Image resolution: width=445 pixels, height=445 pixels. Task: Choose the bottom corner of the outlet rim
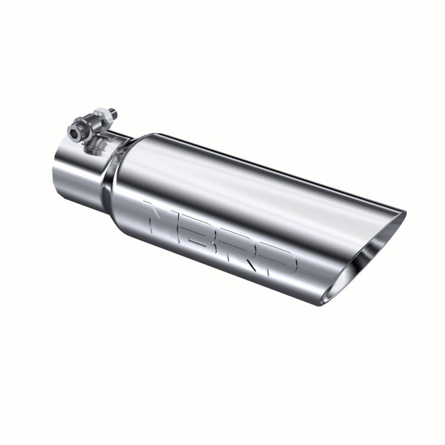click(x=326, y=303)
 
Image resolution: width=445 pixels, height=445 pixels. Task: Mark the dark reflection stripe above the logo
click(x=222, y=200)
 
